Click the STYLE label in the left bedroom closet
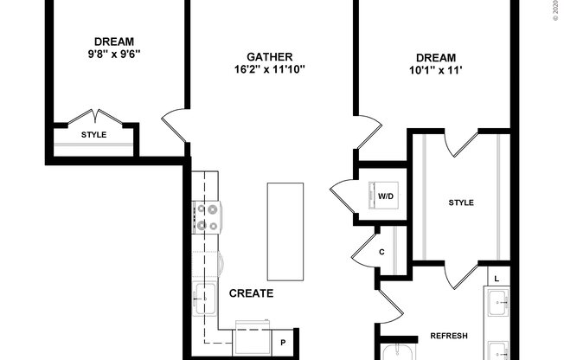point(93,135)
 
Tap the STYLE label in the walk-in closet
point(461,202)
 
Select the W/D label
point(385,196)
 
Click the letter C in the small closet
point(381,252)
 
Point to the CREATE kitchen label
point(251,293)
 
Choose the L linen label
point(497,279)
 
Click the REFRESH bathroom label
point(449,336)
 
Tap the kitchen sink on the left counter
point(205,299)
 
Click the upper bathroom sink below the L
point(497,302)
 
